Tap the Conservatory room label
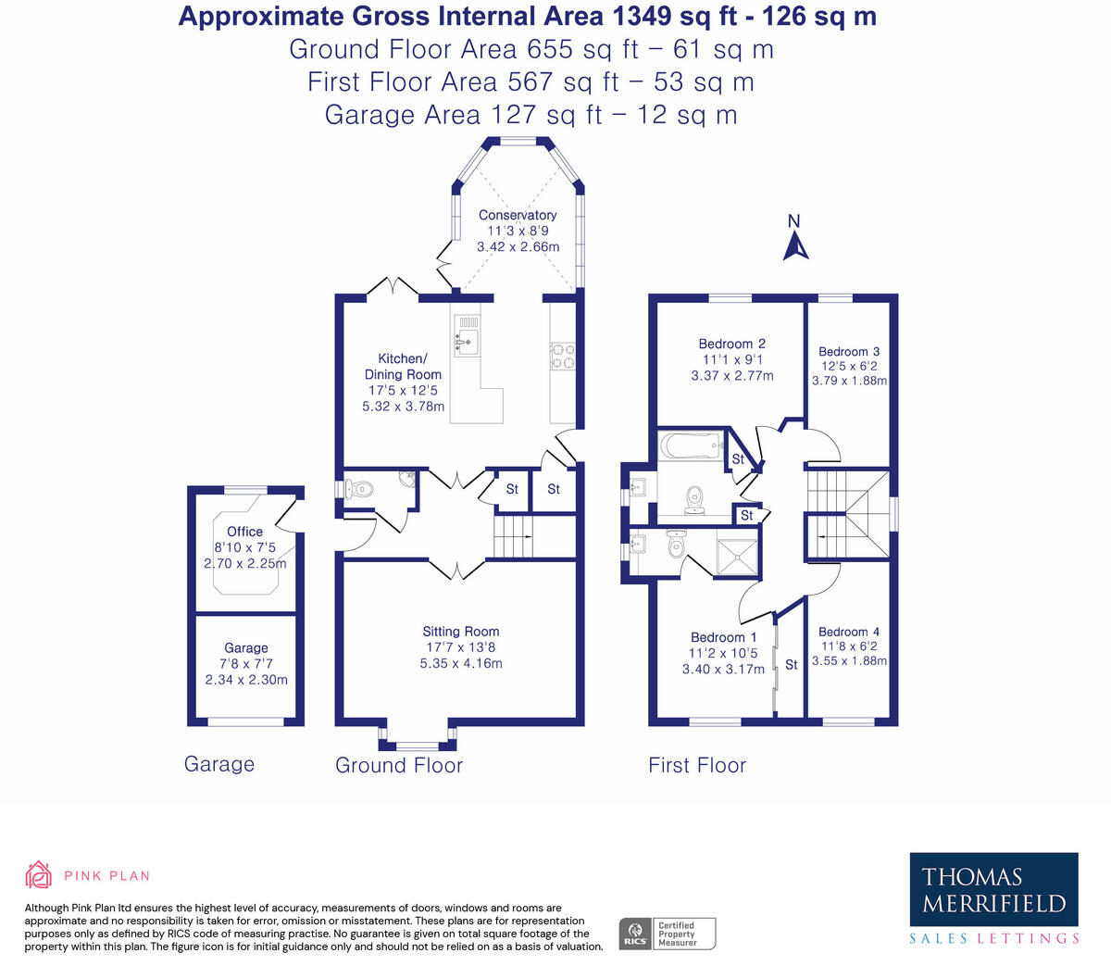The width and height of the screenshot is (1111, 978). [x=518, y=215]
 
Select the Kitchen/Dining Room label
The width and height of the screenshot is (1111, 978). [x=403, y=367]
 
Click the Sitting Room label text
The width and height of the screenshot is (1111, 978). [x=461, y=632]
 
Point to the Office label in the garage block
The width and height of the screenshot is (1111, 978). [x=245, y=532]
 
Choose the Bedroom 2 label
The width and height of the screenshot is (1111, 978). [x=731, y=344]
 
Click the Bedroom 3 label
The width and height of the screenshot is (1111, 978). [x=849, y=352]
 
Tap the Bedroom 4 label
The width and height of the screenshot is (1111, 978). [x=849, y=632]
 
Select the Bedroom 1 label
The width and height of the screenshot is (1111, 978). [x=723, y=637]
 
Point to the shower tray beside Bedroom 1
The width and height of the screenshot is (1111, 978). [x=738, y=555]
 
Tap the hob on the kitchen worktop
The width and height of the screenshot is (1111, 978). [x=563, y=356]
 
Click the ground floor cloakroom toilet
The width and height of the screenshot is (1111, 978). [x=356, y=489]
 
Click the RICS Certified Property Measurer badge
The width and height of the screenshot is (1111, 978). [x=667, y=933]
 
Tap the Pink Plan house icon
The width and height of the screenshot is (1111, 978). [x=38, y=873]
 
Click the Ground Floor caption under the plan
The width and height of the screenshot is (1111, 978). [x=399, y=765]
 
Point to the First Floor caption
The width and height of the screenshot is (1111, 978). [x=697, y=765]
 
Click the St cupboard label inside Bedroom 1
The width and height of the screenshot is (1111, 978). [x=792, y=665]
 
